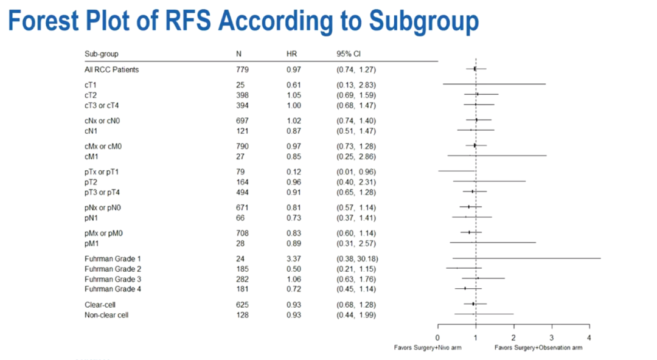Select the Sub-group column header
(101, 54)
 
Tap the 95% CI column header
(349, 54)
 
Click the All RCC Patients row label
(111, 69)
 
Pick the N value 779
(242, 69)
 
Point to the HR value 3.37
(293, 258)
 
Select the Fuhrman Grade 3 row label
(113, 279)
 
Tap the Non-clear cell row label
(106, 315)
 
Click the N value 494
(242, 192)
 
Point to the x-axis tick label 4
(589, 337)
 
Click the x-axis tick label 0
(437, 337)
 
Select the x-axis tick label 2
(513, 337)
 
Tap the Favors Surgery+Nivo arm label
(427, 348)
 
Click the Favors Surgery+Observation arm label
(538, 348)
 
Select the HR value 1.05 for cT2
(293, 95)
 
